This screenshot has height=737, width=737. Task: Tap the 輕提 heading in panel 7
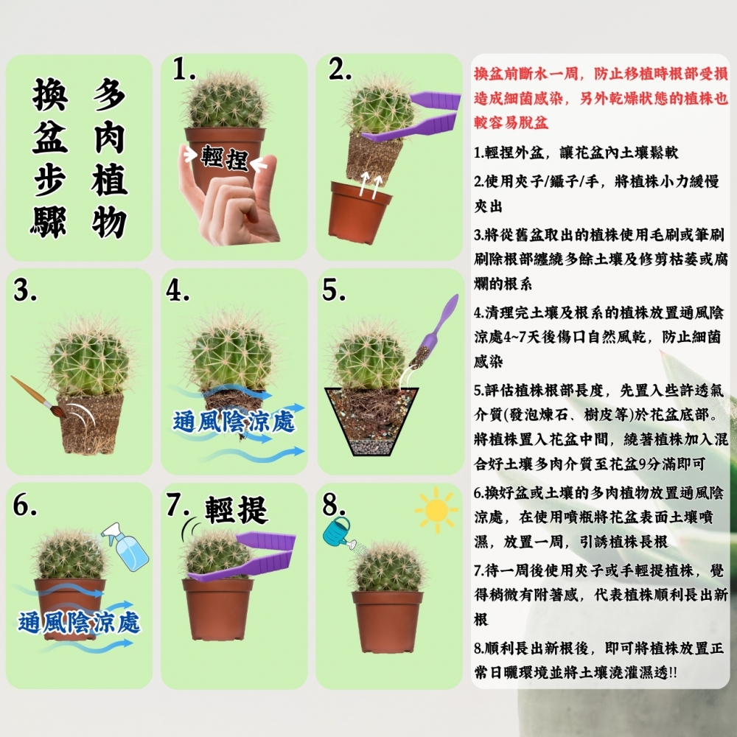[x=236, y=509]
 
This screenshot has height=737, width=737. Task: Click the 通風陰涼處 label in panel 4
[x=234, y=422]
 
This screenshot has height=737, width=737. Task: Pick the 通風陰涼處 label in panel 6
[x=79, y=624]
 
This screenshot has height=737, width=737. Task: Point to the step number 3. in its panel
[x=26, y=292]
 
